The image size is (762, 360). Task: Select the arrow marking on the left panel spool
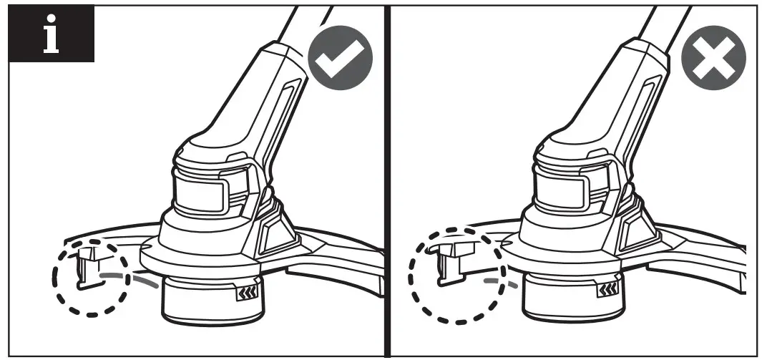245,291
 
